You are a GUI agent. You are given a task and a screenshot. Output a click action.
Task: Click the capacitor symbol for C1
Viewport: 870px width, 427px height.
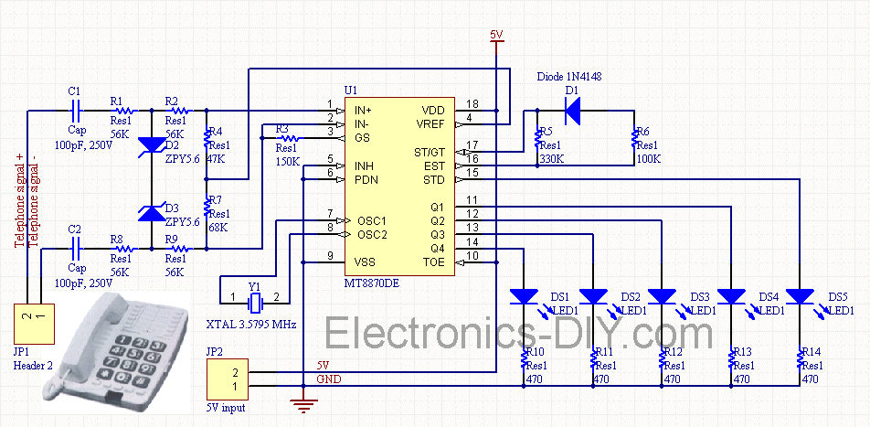click(76, 110)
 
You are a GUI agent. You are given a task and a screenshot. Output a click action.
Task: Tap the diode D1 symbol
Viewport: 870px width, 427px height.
click(572, 111)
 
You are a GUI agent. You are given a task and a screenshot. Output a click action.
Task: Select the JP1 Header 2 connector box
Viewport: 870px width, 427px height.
click(35, 324)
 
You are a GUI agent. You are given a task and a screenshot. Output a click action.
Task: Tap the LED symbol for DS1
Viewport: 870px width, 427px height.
click(524, 296)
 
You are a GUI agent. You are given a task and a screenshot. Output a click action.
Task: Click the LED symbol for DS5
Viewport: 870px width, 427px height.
click(801, 296)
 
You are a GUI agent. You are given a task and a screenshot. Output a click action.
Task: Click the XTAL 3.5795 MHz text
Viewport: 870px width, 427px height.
click(251, 325)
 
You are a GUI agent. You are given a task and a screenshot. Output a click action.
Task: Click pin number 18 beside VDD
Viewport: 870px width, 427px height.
click(472, 104)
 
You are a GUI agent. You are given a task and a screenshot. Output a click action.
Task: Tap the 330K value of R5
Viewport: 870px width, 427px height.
click(551, 157)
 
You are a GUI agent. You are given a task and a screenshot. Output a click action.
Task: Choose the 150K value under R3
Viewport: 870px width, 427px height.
click(286, 161)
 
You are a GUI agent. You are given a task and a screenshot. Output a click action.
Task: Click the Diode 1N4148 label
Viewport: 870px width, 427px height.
click(569, 77)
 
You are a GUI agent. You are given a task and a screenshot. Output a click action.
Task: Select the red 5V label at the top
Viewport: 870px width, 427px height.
click(496, 35)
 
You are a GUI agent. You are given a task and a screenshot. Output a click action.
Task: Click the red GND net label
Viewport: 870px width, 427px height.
click(328, 379)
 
